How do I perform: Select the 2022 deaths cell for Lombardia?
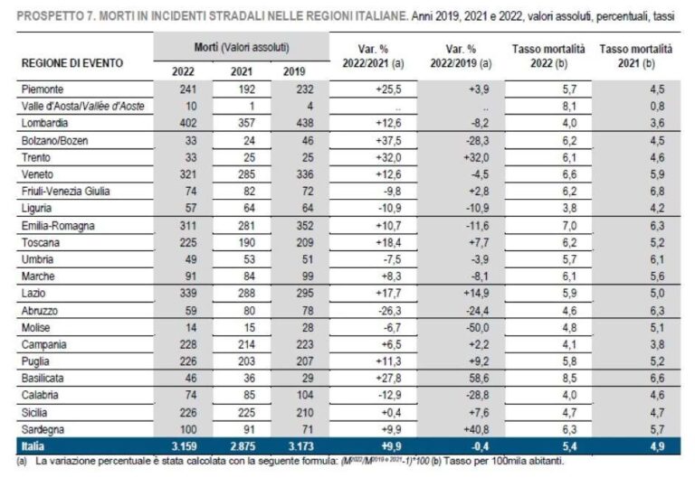(186, 123)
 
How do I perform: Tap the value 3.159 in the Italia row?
(185, 446)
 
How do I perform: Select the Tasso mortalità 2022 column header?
(548, 56)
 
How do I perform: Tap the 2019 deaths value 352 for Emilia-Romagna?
(292, 220)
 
